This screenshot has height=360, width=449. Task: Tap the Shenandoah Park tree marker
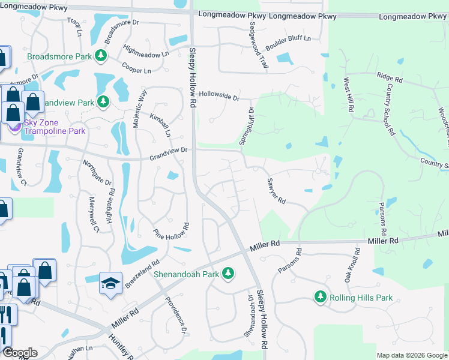(x=228, y=274)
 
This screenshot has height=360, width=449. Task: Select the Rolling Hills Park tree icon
(x=321, y=297)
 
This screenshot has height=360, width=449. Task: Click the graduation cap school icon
(x=110, y=283)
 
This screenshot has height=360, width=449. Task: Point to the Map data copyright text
(x=411, y=355)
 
